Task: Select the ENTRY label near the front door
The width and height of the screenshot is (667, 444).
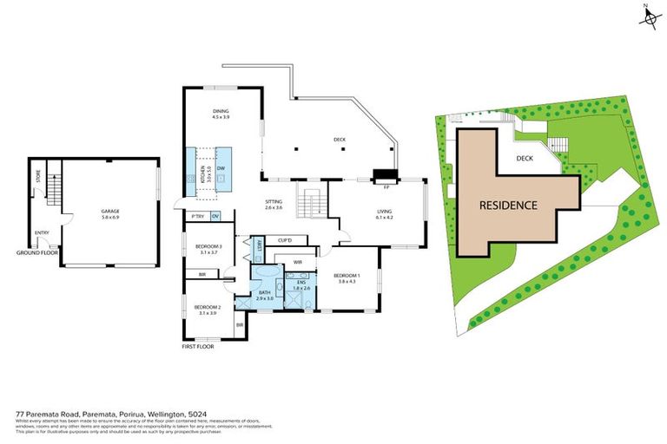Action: [x=42, y=232]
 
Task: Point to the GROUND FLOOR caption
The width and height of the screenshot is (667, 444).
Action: [x=36, y=252]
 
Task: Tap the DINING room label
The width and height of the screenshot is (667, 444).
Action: [x=221, y=112]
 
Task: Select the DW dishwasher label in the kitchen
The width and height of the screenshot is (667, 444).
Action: [x=221, y=167]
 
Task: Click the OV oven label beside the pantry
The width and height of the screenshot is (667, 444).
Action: [x=215, y=216]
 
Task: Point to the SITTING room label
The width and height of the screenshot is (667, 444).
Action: [x=274, y=202]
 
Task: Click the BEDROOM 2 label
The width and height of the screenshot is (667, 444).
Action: [x=207, y=307]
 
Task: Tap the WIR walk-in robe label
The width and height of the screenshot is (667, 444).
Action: [x=297, y=261]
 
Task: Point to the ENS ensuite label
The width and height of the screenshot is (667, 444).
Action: [x=301, y=283]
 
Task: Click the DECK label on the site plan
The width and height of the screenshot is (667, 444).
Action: [x=525, y=158]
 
